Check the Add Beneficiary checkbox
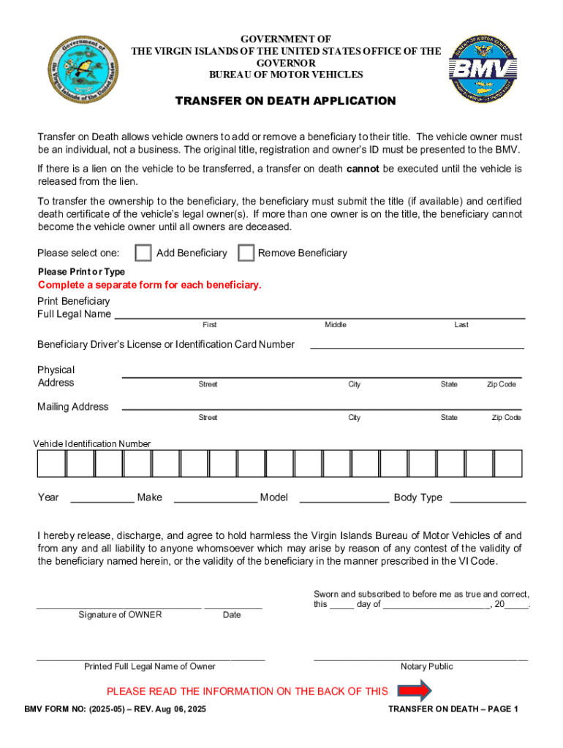[x=143, y=253]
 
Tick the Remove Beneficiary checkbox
[x=246, y=253]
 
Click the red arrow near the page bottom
[x=415, y=690]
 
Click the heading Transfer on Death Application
[x=285, y=101]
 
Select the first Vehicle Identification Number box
[x=51, y=463]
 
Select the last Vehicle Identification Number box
[x=508, y=463]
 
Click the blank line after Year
[x=102, y=501]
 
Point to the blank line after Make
[x=215, y=501]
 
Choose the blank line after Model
[x=344, y=501]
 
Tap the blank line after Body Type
[x=487, y=501]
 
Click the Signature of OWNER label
[x=120, y=615]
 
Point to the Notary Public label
[x=426, y=666]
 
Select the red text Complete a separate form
[x=149, y=285]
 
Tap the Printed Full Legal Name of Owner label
[x=150, y=666]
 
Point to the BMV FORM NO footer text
[x=116, y=709]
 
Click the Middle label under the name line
[x=336, y=325]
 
